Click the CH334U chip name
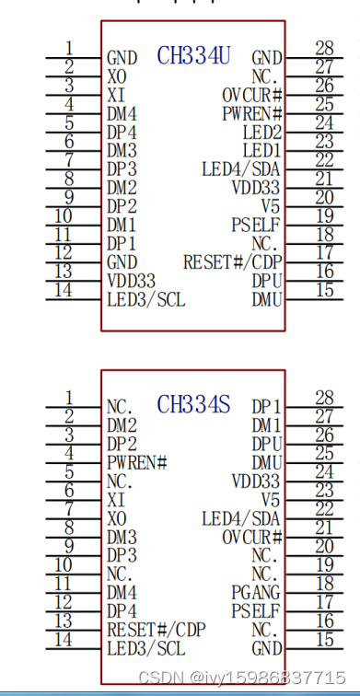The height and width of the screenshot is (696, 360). [x=193, y=56]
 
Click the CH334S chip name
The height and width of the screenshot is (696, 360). [x=193, y=404]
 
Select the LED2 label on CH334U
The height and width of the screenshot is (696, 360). [x=261, y=132]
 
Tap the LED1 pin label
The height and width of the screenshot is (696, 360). [x=261, y=150]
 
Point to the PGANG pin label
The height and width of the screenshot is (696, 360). [x=257, y=591]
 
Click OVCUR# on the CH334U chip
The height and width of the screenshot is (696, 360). [x=251, y=95]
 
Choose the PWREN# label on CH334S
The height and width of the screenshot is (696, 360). [x=136, y=461]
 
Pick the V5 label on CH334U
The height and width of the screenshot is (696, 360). [x=271, y=205]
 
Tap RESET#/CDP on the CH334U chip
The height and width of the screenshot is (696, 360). [x=232, y=261]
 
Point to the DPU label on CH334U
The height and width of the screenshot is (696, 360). [x=266, y=280]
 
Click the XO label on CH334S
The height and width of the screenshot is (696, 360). [x=116, y=516]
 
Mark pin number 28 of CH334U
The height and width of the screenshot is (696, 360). [x=323, y=48]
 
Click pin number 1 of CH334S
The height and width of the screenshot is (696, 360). [x=69, y=397]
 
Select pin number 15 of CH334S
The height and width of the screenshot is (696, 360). [x=323, y=639]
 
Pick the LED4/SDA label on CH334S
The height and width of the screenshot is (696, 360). [x=241, y=517]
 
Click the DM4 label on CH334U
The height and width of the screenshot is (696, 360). [x=122, y=113]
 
